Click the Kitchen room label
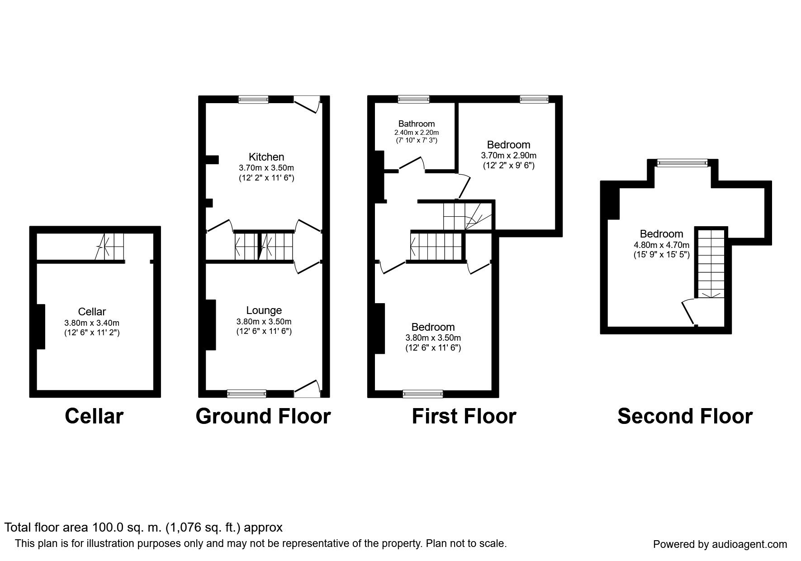pos(266,157)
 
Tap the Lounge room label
pos(264,310)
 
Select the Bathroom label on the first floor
pos(417,124)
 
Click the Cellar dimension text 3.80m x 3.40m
pos(92,323)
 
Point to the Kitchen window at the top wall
pos(253,100)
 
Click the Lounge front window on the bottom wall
pos(246,394)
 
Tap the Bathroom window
pos(413,100)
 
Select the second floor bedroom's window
pos(682,163)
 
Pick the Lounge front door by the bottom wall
pos(308,387)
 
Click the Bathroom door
pos(411,164)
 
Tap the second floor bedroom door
pos(689,312)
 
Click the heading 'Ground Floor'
pos(263,416)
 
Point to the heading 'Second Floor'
pos(685,416)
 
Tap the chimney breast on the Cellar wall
pos(41,327)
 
